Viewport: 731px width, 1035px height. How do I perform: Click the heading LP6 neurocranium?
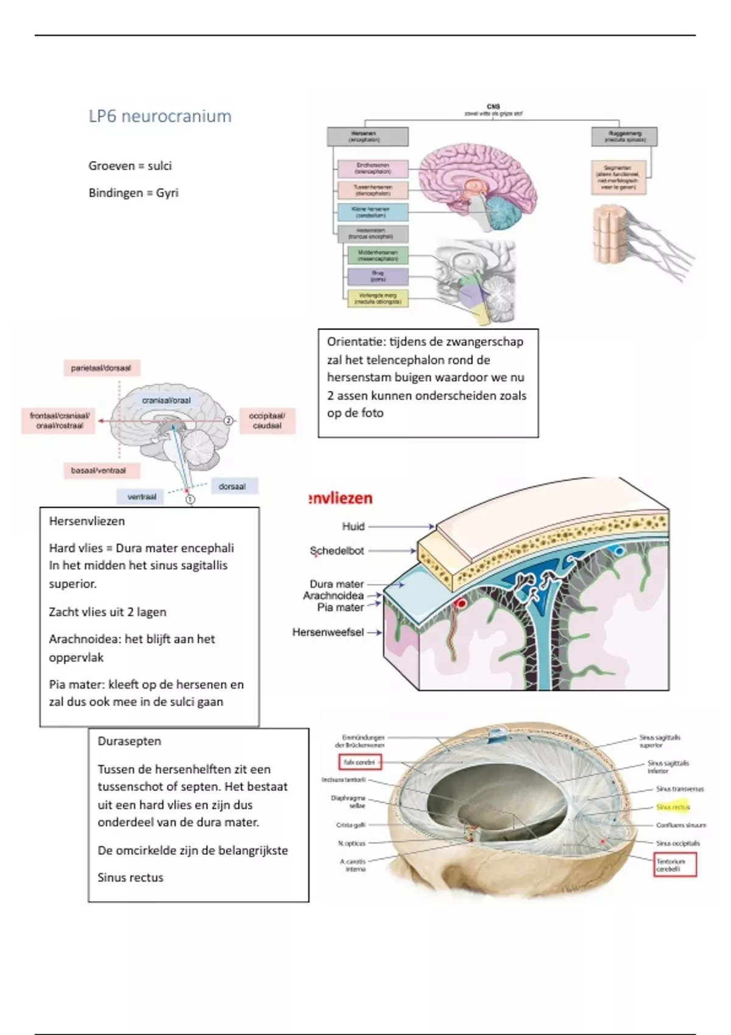click(160, 116)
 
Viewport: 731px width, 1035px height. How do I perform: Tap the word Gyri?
click(167, 193)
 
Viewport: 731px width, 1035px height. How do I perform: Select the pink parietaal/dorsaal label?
click(101, 368)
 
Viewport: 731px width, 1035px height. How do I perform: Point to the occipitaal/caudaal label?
click(267, 421)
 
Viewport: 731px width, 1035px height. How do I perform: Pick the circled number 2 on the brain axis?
click(228, 421)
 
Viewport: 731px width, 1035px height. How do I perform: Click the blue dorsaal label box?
click(232, 486)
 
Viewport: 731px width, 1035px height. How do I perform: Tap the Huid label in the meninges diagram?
click(353, 527)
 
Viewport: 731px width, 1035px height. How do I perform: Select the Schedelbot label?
click(337, 551)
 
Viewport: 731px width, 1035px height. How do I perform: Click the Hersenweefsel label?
click(328, 633)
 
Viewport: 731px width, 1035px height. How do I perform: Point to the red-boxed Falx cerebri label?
click(359, 762)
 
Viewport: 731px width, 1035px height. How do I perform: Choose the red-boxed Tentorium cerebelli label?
click(674, 865)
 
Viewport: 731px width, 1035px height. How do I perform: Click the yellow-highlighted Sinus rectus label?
click(673, 807)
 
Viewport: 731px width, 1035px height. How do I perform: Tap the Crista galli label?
click(351, 826)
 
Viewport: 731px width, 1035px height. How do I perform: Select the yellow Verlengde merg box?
click(378, 298)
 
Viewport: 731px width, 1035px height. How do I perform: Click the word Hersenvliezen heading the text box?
click(87, 521)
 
